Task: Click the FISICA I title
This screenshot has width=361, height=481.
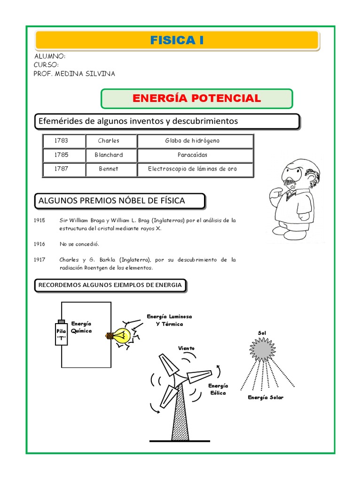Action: (x=177, y=40)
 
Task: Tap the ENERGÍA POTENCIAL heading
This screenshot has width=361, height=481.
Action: (x=196, y=98)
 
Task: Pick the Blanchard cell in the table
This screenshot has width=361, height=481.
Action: (x=109, y=155)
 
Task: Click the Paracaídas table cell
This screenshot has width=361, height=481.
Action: (x=192, y=155)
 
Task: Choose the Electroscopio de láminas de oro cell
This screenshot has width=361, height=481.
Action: (x=192, y=169)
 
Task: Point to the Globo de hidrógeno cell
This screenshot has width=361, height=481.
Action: (x=192, y=140)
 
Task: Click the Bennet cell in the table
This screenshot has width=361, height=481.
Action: (x=109, y=169)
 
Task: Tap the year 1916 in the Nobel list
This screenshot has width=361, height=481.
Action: (x=39, y=244)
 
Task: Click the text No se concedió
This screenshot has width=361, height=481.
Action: (x=79, y=244)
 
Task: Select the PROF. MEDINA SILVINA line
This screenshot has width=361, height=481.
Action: (x=74, y=74)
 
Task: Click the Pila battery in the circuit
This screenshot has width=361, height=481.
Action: (x=61, y=333)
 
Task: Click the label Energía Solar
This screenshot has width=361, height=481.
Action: (x=266, y=397)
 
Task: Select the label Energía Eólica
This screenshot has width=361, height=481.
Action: (x=218, y=389)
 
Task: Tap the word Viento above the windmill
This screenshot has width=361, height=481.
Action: (x=186, y=348)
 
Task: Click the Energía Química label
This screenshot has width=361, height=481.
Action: (x=81, y=327)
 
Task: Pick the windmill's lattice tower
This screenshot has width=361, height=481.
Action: (x=180, y=416)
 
